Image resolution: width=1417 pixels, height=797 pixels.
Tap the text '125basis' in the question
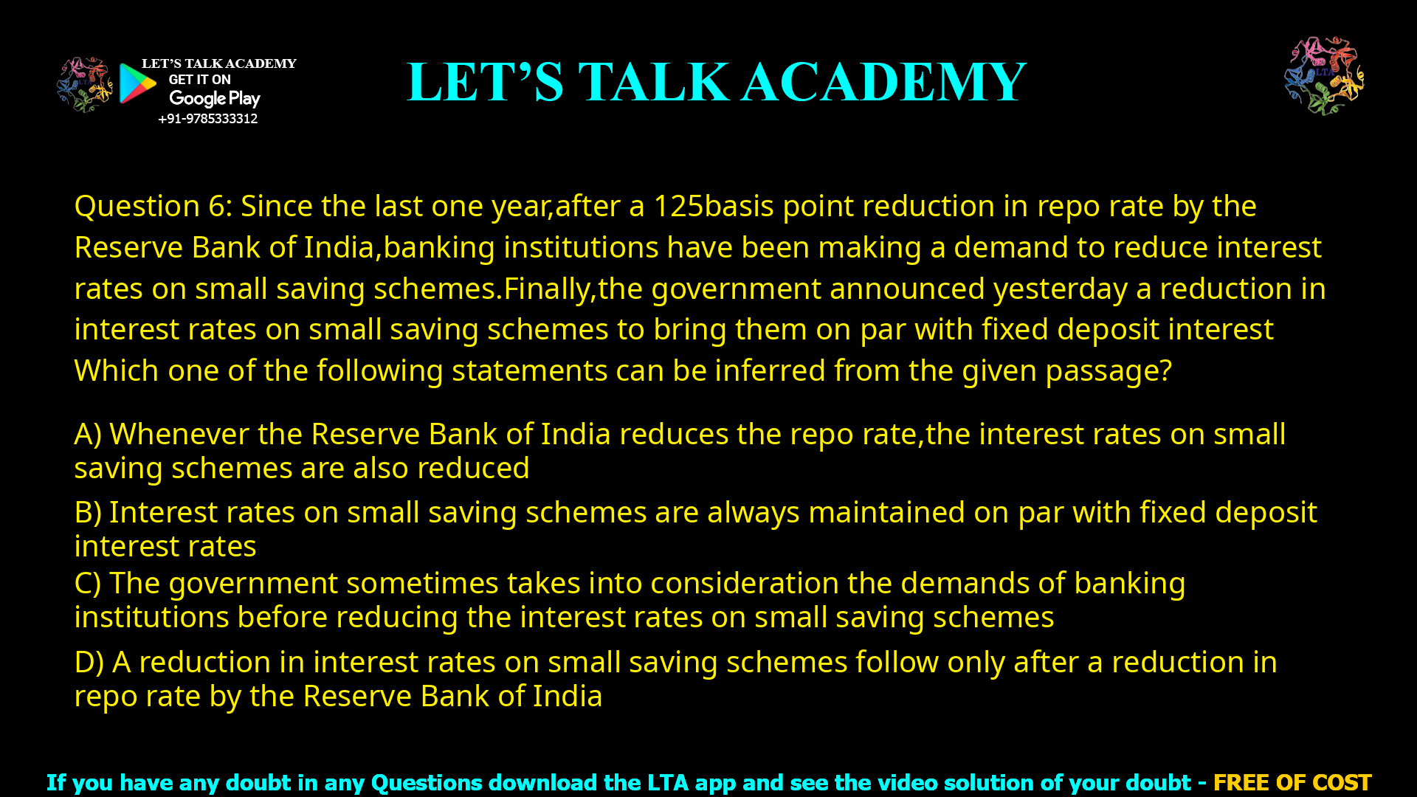[x=713, y=207]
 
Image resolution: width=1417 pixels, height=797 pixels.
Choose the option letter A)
[x=88, y=435]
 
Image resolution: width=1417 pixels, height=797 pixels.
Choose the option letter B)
[x=88, y=513]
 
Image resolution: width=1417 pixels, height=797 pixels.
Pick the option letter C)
[x=88, y=584]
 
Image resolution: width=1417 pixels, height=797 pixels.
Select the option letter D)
[x=89, y=663]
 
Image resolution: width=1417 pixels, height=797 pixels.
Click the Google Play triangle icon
[x=137, y=83]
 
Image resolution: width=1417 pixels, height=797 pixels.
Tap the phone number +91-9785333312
[x=208, y=119]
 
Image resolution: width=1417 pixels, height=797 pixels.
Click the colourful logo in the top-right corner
[x=1324, y=75]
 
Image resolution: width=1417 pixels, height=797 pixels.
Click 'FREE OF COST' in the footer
[x=1292, y=782]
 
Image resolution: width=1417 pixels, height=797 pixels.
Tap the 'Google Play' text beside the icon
[x=215, y=98]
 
